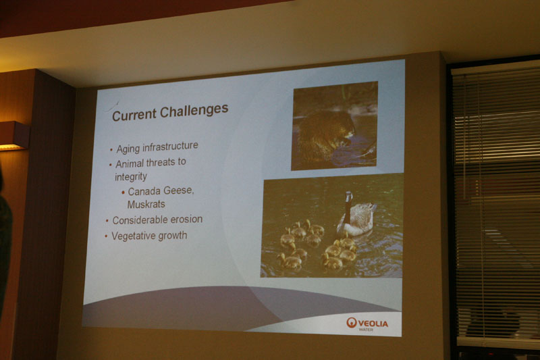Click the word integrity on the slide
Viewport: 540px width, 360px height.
coord(130,177)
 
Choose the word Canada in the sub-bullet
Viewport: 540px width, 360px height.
coord(143,192)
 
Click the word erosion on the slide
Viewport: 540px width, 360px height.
coord(187,220)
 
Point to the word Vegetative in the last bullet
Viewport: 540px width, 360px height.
coord(134,236)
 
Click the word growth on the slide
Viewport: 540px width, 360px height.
coord(173,236)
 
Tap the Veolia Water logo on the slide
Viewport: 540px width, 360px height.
coord(367,324)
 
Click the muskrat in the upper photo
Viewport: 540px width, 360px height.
coord(327,134)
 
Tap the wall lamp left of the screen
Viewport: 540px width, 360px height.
coord(13,136)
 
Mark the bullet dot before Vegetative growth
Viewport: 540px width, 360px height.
coord(106,236)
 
